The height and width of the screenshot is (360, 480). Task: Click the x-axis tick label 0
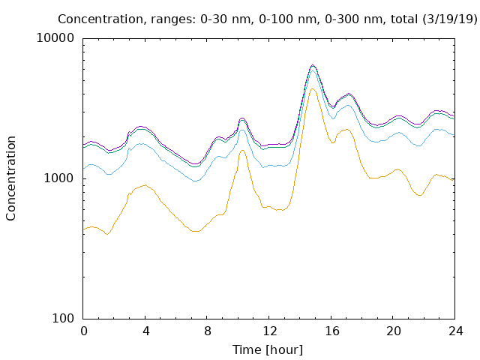pos(83,331)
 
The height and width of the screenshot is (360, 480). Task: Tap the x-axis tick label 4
pos(145,331)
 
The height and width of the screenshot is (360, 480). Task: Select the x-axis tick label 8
pos(208,331)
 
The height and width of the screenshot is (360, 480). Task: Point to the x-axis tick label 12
pos(270,331)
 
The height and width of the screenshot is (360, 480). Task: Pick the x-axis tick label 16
pos(331,331)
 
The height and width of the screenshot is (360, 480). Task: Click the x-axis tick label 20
pos(394,331)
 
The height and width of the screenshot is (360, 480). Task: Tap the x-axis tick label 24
pos(456,331)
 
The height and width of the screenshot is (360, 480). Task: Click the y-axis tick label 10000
pos(55,38)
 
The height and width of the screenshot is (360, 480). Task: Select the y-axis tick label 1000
pos(59,178)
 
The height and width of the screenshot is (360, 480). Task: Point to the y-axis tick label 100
pos(63,318)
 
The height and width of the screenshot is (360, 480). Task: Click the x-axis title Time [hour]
pos(268,350)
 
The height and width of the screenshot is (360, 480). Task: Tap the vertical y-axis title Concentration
pos(10,178)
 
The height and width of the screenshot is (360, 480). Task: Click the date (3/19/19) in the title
pos(450,19)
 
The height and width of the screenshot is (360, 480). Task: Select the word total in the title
pos(404,19)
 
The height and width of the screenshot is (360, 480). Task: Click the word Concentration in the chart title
pos(100,19)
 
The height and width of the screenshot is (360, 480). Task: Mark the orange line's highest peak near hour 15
pos(312,88)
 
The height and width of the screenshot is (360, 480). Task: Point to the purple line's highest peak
pos(313,65)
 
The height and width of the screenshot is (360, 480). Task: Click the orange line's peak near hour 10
pos(242,150)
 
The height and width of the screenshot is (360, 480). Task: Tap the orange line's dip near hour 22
pos(420,195)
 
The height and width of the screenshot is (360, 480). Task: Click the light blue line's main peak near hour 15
pos(313,71)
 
